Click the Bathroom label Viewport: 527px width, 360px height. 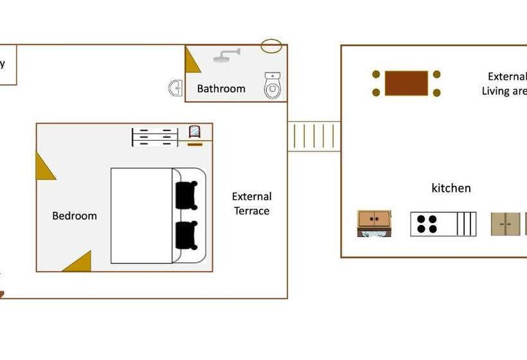point(221,89)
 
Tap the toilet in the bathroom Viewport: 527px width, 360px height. point(273,85)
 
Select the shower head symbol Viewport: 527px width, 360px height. point(224,56)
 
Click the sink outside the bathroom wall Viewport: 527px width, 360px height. point(175,88)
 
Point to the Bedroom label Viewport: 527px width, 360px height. point(75,216)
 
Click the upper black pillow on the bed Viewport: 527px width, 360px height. point(186,195)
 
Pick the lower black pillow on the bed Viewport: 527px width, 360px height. point(186,235)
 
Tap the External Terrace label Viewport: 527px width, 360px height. point(252,203)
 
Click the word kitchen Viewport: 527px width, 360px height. point(451,188)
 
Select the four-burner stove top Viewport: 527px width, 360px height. point(427,224)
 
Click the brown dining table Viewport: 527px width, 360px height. point(406,83)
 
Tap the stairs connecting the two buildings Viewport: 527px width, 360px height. point(314,136)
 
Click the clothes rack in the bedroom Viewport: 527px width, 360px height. point(154,137)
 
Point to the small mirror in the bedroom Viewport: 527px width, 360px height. point(194,132)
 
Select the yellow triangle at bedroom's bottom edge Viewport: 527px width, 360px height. point(79,262)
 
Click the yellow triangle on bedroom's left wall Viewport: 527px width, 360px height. point(43,166)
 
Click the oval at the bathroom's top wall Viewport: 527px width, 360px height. point(271,46)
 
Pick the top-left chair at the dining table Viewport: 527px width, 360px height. point(376,75)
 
